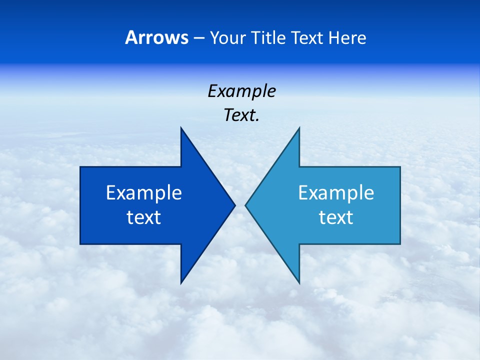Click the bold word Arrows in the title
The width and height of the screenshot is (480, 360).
pos(156,38)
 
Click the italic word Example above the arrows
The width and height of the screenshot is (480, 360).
pos(241,91)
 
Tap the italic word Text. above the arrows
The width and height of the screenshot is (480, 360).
pos(241,115)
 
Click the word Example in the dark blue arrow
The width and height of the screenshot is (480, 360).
pos(144,193)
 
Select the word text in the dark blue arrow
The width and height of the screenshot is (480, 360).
pos(144,217)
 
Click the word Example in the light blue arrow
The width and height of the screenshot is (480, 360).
pos(336,193)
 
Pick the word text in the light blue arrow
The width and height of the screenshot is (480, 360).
pos(336,217)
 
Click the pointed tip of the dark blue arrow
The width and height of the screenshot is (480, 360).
pos(234,205)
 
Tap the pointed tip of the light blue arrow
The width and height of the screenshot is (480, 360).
pos(246,205)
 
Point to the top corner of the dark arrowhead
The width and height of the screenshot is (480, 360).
pos(181,128)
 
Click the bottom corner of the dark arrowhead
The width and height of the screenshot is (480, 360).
pos(181,282)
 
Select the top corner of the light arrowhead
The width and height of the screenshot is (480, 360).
pos(299,128)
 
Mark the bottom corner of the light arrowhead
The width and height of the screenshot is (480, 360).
pos(299,282)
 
